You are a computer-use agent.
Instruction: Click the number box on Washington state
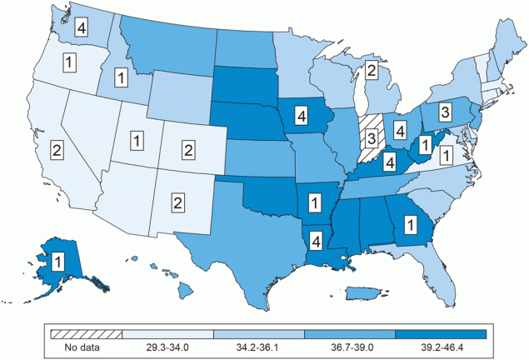(82, 27)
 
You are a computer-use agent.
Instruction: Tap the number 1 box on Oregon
(69, 61)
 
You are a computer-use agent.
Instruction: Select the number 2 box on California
(55, 151)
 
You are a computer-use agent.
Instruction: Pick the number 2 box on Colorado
(187, 150)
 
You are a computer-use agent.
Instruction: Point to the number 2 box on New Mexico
(177, 201)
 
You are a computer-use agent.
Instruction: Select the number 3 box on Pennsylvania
(445, 112)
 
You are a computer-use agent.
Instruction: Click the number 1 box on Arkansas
(315, 201)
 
